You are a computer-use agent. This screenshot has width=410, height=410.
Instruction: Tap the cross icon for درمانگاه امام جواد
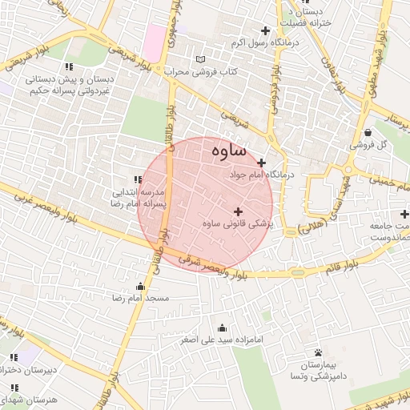click(261, 163)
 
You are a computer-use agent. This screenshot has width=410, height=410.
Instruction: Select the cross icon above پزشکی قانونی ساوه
click(237, 211)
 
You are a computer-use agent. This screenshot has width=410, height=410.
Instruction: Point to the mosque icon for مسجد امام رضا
click(141, 286)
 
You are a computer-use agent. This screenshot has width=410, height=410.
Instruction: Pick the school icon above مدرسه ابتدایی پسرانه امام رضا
click(139, 180)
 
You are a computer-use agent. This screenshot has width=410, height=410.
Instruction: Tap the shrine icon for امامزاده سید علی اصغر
click(222, 328)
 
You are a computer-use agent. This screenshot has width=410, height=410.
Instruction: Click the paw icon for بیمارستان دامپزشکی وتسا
click(318, 352)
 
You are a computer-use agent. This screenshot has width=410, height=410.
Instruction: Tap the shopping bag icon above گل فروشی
click(367, 133)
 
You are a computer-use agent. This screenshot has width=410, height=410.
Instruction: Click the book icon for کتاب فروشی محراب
click(200, 60)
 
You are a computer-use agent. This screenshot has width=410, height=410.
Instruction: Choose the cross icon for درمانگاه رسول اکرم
click(265, 30)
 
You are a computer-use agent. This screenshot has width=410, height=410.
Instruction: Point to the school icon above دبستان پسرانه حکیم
click(70, 66)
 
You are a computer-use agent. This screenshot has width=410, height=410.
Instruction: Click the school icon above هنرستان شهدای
click(14, 386)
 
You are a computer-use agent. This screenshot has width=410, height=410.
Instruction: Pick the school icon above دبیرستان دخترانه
click(14, 357)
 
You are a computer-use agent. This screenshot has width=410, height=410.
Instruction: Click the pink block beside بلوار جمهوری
click(154, 36)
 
